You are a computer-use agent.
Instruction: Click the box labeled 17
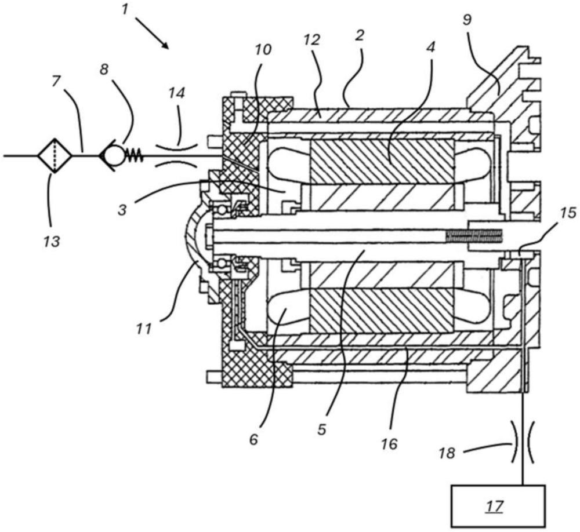(x=498, y=505)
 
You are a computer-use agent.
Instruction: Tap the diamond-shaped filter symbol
(x=55, y=155)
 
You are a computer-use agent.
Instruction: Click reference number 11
(x=143, y=330)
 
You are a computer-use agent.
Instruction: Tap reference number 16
(x=390, y=444)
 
